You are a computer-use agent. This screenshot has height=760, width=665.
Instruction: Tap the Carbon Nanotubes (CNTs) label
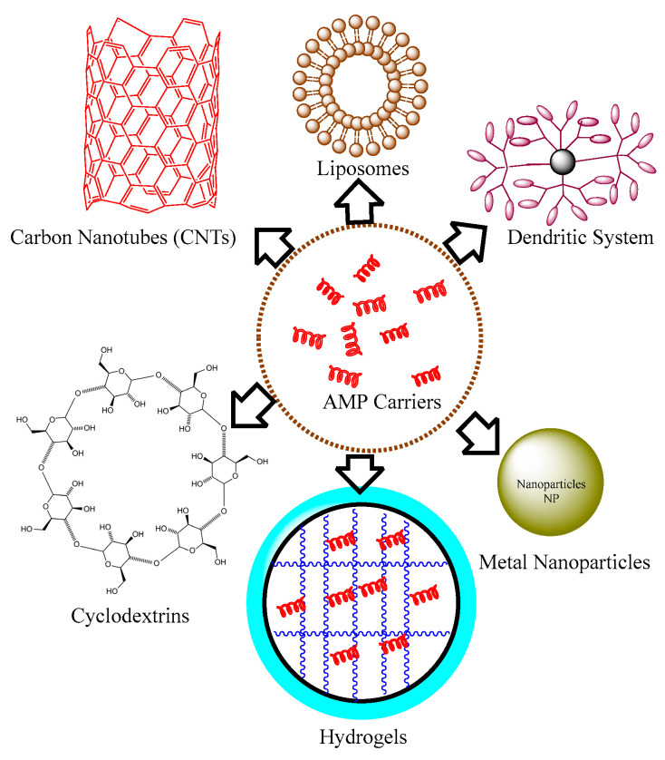point(124,239)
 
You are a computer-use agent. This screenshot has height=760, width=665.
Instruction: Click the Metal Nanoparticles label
point(564,563)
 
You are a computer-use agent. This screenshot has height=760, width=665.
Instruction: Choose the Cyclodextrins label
point(130,617)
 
